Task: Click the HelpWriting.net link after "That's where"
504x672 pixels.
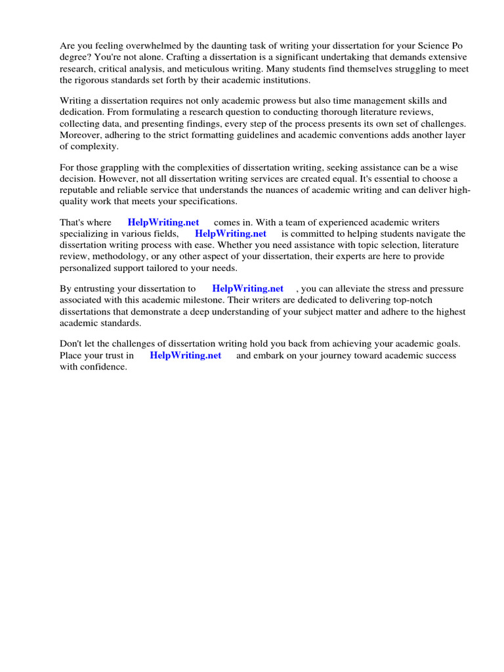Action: tap(163, 222)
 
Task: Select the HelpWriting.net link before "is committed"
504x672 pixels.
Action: tap(230, 234)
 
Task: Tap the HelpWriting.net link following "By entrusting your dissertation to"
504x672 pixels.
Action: tap(247, 289)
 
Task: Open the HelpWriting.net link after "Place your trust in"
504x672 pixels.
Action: tap(186, 356)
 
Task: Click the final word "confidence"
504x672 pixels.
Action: tap(102, 367)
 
